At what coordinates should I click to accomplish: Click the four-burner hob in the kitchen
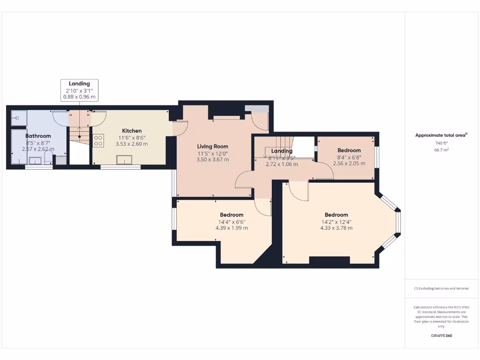point(98,141)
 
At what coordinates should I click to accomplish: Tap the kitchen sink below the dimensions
point(124,160)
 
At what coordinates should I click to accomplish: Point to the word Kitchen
point(132,131)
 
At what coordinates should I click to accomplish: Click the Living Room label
point(213,147)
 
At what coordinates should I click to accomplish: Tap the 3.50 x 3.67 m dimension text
point(213,159)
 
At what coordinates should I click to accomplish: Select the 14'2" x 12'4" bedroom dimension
point(336,222)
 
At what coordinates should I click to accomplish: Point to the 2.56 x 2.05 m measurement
point(349,164)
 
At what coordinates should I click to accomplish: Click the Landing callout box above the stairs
point(79,90)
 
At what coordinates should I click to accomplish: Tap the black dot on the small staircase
point(80,136)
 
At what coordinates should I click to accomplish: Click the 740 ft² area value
point(441,143)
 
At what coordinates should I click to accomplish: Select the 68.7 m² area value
point(441,150)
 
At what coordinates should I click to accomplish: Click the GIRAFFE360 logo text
point(441,336)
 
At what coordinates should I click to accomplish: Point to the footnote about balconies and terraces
point(441,288)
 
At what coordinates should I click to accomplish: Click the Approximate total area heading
point(441,135)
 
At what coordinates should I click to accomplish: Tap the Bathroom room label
point(38,136)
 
